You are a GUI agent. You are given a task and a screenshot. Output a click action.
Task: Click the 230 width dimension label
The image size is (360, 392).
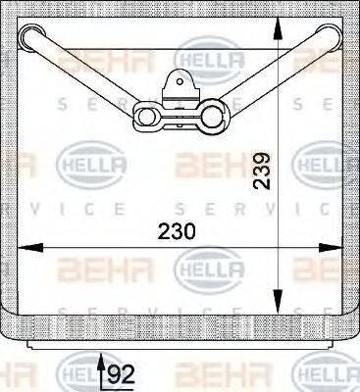pyautogui.click(x=177, y=231)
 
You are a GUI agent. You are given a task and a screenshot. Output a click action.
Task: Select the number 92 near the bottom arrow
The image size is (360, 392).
pyautogui.click(x=121, y=373)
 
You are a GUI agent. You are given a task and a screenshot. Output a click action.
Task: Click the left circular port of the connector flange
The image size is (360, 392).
pyautogui.click(x=149, y=117)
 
